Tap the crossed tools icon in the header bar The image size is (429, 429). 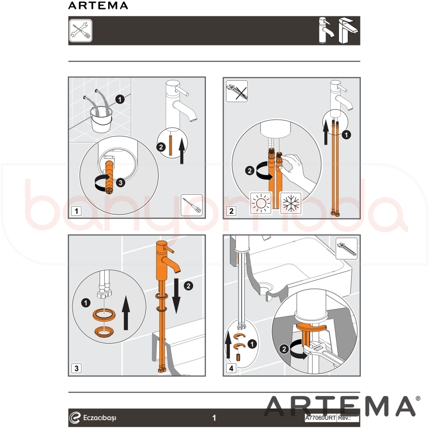coord(81,30)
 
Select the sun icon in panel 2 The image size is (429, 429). coord(261,203)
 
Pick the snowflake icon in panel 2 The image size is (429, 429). coord(291,203)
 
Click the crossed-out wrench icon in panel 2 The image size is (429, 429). coord(237,91)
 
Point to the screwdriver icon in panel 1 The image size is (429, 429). coord(192,205)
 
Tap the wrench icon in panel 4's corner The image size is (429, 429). coord(346,248)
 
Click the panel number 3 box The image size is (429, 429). coord(76,368)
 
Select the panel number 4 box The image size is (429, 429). coord(231,368)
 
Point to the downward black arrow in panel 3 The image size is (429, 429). coord(176,296)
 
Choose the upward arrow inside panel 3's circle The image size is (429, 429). coord(126,313)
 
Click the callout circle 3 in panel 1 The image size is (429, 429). coord(121,182)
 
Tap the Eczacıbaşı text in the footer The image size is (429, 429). coord(100,418)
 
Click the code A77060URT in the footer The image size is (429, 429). coord(320,418)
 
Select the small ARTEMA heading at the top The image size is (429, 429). coord(98,6)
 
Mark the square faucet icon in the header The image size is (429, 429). coord(348,30)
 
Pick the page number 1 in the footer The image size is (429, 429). coord(214,418)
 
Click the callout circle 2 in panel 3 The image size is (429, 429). coord(188,286)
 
